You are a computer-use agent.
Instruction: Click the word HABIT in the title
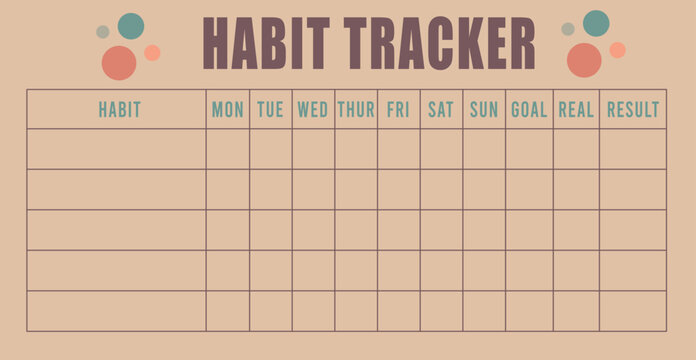coord(268,45)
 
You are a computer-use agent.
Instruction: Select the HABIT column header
coord(119,110)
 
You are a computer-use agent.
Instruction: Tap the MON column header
coord(228,110)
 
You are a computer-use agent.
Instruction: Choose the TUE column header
coord(270,110)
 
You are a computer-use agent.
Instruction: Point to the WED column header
coord(313,110)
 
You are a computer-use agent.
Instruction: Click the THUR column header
coord(356,110)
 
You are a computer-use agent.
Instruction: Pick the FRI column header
coord(398,110)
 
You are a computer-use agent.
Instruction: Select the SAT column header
coord(441,110)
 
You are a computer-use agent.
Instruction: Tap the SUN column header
coord(484,110)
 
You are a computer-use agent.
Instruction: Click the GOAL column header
coord(529,110)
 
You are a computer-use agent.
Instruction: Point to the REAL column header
coord(576,110)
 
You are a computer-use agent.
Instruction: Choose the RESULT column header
coord(633,110)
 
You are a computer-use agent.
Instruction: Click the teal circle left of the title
coord(131,25)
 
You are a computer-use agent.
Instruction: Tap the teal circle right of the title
coord(596,23)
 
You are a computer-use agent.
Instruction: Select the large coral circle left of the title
coord(119,63)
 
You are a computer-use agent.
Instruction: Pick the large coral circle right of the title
coord(584,60)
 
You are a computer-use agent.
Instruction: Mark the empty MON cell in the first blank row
coord(228,149)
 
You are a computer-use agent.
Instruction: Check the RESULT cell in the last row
coord(633,311)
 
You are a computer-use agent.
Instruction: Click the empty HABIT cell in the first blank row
coord(116,149)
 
